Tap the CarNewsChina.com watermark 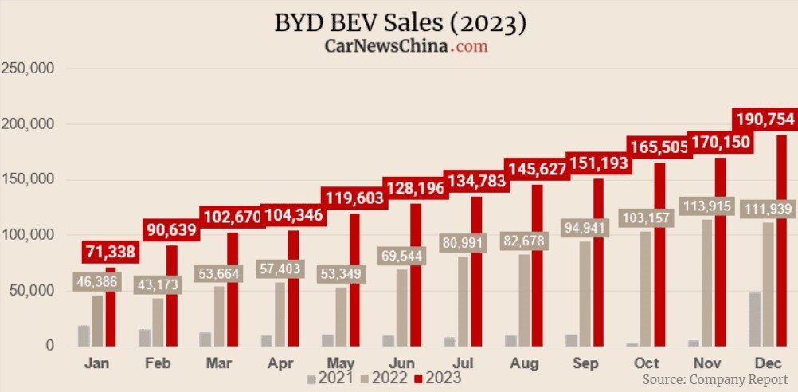point(406,45)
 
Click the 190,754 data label point(764,119)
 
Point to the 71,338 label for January point(110,253)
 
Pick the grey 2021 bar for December point(754,319)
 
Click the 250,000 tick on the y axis point(28,69)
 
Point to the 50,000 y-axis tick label point(31,290)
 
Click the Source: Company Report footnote point(715,379)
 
